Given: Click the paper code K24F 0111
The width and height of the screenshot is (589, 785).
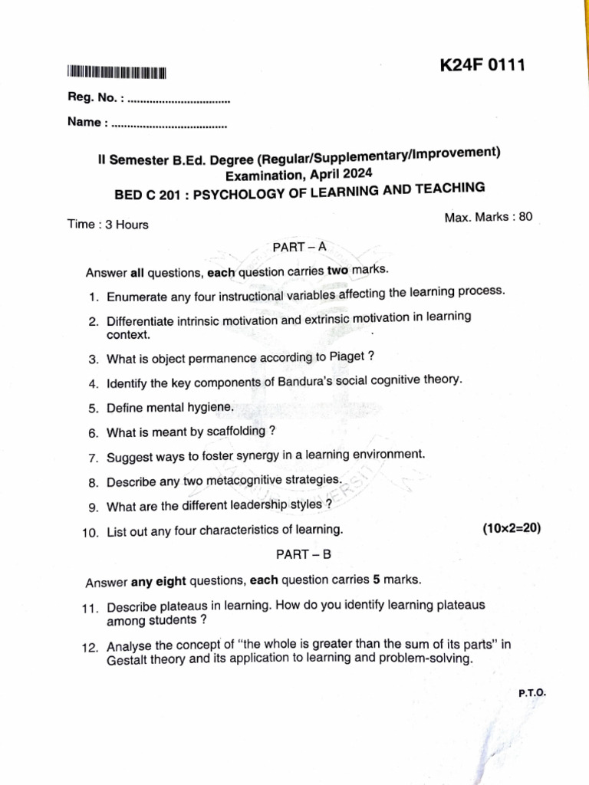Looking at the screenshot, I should (x=482, y=66).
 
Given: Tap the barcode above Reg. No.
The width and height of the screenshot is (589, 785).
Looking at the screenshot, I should (x=117, y=74).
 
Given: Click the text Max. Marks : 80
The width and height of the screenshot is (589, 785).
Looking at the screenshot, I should (x=488, y=218).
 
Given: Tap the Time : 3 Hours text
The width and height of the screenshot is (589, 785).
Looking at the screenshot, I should (x=108, y=225).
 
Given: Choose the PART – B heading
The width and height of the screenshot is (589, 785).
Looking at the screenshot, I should (x=304, y=553).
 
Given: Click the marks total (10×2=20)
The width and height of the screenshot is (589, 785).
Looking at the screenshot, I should (x=512, y=528).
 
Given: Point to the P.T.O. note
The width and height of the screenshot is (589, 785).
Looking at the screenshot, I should (x=531, y=692).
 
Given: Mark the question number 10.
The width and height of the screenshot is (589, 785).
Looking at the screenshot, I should (x=90, y=531).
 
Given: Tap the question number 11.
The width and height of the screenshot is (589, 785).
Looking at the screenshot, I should (x=90, y=608).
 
